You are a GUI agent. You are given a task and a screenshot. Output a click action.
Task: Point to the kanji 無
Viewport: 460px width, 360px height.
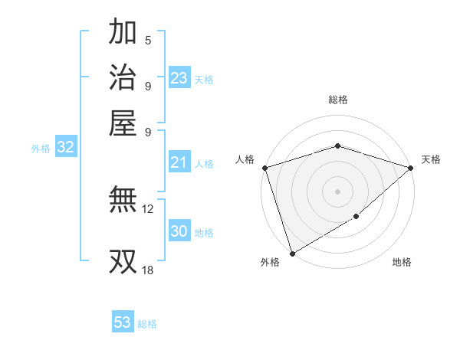123,201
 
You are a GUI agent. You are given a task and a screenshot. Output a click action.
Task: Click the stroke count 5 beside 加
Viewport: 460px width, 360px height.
148,41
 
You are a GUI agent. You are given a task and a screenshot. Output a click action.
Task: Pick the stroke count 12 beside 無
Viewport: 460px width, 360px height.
148,208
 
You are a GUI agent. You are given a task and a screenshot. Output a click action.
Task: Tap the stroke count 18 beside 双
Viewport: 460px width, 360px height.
148,270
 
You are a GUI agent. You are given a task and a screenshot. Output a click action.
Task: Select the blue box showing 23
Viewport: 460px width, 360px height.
179,77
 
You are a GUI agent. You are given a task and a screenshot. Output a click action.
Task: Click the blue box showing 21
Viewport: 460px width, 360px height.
179,162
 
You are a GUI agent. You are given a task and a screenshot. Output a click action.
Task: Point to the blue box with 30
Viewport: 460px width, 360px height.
179,231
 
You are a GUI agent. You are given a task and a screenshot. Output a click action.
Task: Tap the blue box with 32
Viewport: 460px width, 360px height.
66,148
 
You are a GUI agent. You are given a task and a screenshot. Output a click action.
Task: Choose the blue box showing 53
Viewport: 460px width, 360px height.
123,322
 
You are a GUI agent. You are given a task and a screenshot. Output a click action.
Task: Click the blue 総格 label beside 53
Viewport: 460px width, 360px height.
147,324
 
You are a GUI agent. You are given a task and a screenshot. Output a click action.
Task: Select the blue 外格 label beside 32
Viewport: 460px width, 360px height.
41,149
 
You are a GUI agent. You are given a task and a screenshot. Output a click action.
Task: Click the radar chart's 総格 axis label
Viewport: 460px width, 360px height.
337,100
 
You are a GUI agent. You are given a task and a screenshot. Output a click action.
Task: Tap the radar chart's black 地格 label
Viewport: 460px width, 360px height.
402,262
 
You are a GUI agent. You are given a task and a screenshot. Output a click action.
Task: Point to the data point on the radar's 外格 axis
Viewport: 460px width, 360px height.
292,254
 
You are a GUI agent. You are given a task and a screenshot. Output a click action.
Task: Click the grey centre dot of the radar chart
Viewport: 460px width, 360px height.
337,191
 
